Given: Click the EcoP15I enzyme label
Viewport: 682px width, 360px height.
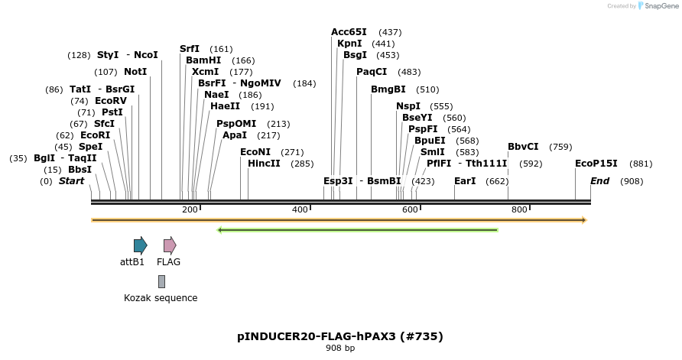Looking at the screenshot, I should pos(596,164).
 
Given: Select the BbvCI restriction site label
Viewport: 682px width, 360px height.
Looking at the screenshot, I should pos(523,147).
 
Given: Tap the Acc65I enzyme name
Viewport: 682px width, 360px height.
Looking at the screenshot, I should pos(349,32).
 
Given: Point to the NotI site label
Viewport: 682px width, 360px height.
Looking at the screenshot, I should pos(135,72).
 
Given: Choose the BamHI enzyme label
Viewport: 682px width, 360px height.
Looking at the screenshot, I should pos(203,60).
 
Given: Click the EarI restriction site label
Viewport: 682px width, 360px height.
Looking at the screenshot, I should pos(465,181).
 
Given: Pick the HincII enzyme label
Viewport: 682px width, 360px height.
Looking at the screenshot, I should pos(264,164).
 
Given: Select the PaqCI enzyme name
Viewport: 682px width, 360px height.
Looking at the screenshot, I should pos(372,72).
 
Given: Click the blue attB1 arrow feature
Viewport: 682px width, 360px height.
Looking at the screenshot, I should pos(140,245).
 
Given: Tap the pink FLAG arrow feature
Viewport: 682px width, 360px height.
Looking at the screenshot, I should pos(170,245).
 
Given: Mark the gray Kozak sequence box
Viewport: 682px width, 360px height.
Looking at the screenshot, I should pos(161,281).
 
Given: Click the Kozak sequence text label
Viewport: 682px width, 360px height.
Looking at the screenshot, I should pos(161,298).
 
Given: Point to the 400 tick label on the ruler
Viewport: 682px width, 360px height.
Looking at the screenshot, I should pos(300,209).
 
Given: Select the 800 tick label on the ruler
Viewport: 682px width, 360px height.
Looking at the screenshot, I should pos(519,209).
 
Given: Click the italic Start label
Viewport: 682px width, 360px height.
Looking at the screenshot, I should pos(71,181).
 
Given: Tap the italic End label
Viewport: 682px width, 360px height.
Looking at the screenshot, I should pos(599,181).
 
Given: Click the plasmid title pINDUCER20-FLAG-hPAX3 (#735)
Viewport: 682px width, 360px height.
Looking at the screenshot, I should pos(340,336).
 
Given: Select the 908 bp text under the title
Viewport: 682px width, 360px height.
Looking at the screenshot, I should pos(340,349).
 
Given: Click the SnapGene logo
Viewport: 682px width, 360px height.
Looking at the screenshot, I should pos(658,5).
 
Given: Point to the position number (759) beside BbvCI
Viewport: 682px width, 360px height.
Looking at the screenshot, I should pos(560,147).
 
